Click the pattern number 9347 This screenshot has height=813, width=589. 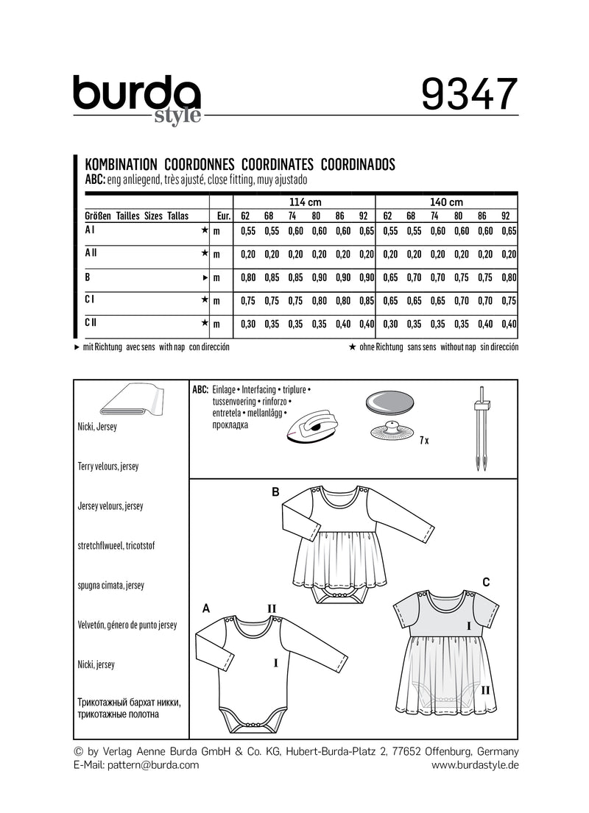coord(470,94)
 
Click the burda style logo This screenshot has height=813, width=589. coord(137,99)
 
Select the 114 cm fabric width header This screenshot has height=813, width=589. coord(303,202)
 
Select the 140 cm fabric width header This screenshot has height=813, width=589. coord(446,202)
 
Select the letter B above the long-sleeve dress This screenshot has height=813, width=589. coord(276,492)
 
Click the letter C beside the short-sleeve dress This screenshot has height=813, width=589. coord(486,582)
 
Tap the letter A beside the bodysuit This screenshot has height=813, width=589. coord(205,608)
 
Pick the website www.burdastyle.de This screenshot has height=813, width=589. coord(475,765)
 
